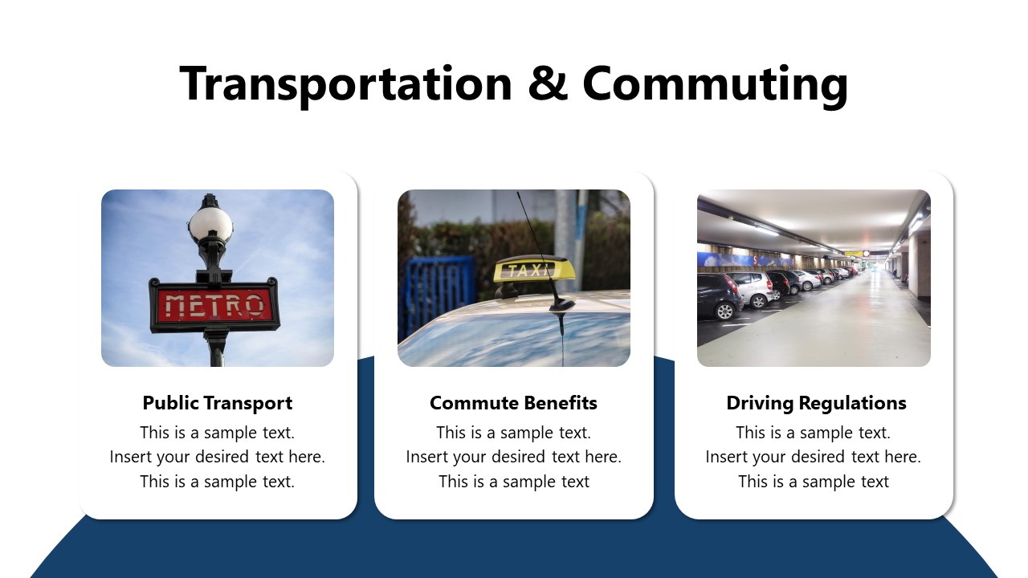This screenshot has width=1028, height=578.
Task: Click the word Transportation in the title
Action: pos(345,84)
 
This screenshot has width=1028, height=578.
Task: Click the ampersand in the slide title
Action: pos(548,84)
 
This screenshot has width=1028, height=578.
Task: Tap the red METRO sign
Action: pos(214,305)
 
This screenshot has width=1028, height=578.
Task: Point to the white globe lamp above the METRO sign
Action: pos(210,224)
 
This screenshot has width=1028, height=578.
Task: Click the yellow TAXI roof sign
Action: pos(534,270)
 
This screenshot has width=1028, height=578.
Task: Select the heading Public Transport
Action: pos(218,403)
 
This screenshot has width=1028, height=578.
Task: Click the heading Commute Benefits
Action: pos(513,403)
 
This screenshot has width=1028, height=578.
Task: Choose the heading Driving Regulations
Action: pos(816,403)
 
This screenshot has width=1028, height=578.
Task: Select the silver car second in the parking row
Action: pos(753,290)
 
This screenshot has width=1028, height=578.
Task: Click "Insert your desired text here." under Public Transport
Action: pos(218,457)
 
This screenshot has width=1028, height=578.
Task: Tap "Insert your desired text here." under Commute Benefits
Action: pos(513,457)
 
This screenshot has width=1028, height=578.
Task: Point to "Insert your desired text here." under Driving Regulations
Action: pos(813,457)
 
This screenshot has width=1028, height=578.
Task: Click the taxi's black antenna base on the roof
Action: pos(561,305)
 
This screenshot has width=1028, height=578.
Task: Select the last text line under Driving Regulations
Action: pos(813,482)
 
